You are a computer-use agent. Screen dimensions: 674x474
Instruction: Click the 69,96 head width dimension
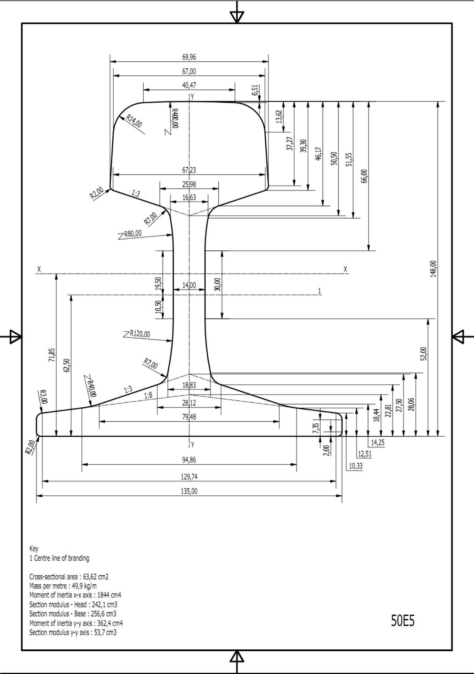click(x=189, y=57)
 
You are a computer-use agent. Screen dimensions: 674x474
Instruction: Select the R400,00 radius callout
click(x=175, y=118)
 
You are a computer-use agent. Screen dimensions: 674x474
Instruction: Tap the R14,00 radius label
click(x=134, y=121)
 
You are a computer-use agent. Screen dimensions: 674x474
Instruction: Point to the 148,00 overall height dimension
click(x=433, y=269)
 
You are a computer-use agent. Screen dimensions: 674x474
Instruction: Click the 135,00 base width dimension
click(x=189, y=491)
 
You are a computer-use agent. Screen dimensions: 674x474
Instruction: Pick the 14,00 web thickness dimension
click(x=189, y=285)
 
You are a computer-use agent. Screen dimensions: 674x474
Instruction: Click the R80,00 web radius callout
click(x=133, y=234)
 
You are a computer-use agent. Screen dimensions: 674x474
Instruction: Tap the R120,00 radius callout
click(x=140, y=334)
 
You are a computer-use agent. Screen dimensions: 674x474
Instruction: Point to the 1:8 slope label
click(x=148, y=395)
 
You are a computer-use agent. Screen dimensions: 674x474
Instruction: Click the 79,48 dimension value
click(x=189, y=417)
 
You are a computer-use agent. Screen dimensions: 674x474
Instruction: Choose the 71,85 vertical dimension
click(x=52, y=355)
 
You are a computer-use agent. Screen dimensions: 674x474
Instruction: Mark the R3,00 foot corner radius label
click(x=43, y=396)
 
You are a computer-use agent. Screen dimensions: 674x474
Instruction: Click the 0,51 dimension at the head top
click(x=256, y=90)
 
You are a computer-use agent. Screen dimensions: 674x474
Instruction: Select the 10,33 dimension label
click(x=355, y=466)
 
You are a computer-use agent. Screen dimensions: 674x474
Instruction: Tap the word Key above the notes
click(x=34, y=549)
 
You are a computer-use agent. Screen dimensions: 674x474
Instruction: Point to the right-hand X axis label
click(x=345, y=269)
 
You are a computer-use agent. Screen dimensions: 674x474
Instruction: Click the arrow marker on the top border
click(x=237, y=16)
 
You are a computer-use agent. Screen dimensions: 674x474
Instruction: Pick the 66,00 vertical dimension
click(x=364, y=176)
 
